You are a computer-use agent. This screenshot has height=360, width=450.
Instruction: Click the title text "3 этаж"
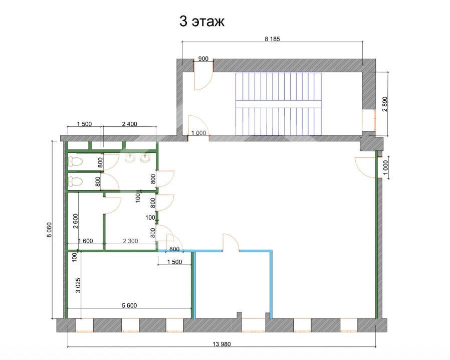[x=202, y=22]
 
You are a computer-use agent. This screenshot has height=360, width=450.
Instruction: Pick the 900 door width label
[x=203, y=59]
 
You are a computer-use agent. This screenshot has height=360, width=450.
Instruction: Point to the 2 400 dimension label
[x=129, y=123]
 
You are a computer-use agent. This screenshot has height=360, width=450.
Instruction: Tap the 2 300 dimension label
[x=131, y=241]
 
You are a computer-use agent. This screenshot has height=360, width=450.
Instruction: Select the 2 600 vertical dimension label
[x=75, y=221]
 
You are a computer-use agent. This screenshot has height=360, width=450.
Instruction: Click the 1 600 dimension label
[x=86, y=241]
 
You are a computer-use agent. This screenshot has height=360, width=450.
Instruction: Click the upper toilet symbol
[x=76, y=161]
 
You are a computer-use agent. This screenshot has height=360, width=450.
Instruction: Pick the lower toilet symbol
[x=76, y=181]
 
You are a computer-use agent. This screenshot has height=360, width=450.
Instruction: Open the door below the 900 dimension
[x=203, y=80]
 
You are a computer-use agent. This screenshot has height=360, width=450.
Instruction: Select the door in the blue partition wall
[x=231, y=243]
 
